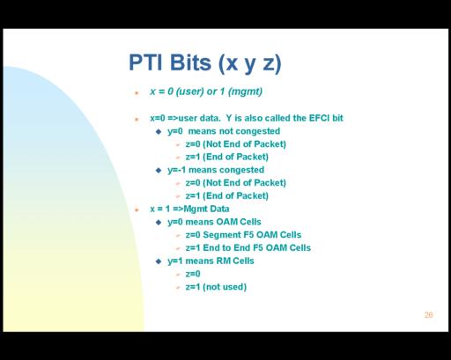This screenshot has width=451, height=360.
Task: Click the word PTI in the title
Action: (145, 62)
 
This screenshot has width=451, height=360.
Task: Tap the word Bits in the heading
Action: (191, 62)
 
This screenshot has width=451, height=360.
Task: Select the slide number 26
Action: (428, 315)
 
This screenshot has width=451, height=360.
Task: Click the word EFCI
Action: (319, 118)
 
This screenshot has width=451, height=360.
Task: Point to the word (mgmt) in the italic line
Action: (245, 92)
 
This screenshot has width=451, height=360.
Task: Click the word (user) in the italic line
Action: (189, 92)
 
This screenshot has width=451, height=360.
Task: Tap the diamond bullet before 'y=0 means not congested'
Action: (159, 131)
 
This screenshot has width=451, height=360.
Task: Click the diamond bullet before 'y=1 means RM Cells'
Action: (159, 261)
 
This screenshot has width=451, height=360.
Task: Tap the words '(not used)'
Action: (225, 287)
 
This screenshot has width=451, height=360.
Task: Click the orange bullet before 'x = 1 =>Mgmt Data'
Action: (137, 209)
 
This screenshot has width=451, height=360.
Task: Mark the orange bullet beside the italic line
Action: (137, 93)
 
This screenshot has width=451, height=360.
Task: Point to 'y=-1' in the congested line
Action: (177, 170)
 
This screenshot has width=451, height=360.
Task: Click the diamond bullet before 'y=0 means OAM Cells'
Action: (159, 222)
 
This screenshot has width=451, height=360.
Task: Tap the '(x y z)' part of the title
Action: (250, 63)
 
